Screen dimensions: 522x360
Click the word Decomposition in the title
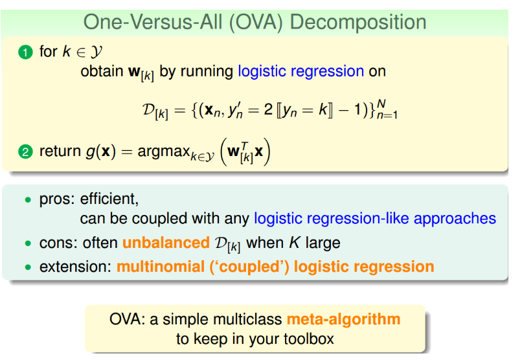358,23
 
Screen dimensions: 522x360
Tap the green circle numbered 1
25,52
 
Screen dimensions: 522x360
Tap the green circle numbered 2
25,152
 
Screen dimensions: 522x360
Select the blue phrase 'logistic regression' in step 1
301,71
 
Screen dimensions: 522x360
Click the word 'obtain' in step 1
102,71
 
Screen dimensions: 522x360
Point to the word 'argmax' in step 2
163,152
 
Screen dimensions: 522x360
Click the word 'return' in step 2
60,151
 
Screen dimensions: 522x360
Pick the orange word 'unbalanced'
166,243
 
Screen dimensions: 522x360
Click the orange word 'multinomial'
161,267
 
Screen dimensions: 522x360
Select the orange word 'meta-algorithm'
343,319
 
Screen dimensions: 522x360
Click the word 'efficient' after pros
109,199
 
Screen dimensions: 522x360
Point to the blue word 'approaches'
455,219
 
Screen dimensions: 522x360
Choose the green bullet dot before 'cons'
28,243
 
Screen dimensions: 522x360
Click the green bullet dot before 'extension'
28,267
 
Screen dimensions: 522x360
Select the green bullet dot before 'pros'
28,199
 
